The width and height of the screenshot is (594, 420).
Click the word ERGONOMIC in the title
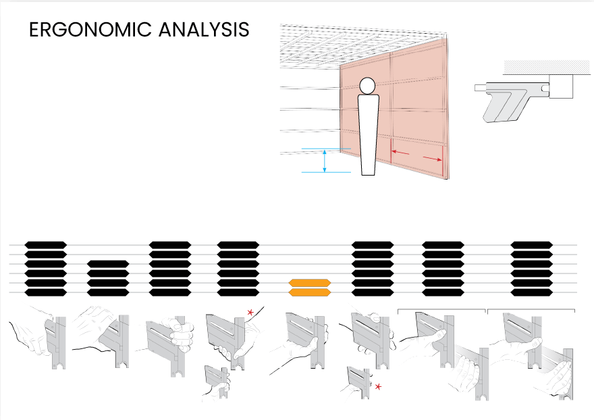tap(90, 30)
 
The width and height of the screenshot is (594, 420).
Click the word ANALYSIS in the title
tap(204, 30)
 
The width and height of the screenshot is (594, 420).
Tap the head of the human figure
tap(367, 86)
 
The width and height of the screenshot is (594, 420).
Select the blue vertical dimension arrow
tap(325, 160)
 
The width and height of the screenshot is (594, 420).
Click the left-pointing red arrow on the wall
tap(400, 153)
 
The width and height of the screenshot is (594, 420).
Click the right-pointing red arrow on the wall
tap(432, 159)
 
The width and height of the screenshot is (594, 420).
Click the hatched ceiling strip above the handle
tap(547, 67)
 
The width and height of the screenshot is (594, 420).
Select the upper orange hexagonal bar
tap(310, 283)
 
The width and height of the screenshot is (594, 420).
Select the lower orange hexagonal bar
tap(310, 292)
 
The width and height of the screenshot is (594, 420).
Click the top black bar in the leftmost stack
tap(46, 245)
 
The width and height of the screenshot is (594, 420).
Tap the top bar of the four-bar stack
tap(108, 264)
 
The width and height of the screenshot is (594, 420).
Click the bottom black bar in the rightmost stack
tap(532, 292)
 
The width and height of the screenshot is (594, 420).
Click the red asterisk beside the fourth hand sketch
tap(250, 313)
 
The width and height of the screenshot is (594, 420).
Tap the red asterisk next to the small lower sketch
tap(378, 387)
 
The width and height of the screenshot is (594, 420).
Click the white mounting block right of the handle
tap(561, 86)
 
